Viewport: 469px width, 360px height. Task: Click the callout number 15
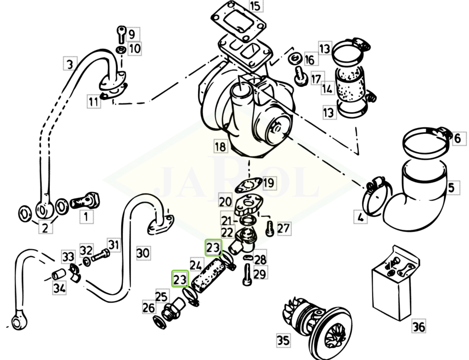point(255,6)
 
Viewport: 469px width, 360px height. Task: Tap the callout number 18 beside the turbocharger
point(220,146)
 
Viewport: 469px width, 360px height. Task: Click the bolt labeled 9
point(121,33)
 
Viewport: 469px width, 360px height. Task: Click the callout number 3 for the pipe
point(70,64)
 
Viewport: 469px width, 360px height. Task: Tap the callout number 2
point(45,229)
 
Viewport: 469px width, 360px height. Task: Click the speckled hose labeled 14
point(349,89)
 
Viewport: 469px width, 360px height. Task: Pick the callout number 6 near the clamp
point(457,138)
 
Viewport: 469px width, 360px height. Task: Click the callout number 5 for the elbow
point(451,188)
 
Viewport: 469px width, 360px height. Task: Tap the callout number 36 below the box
point(419,327)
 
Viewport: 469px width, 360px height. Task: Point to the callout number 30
point(143,253)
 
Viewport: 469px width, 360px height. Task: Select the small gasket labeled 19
point(247,185)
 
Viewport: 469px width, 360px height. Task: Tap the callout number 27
point(283,229)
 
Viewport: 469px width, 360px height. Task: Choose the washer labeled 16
point(294,58)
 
